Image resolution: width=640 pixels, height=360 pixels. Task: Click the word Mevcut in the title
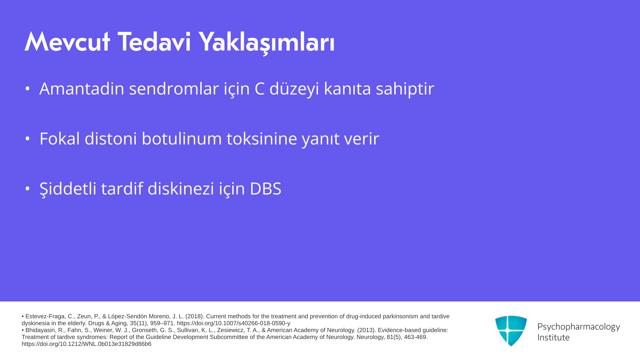tap(67, 42)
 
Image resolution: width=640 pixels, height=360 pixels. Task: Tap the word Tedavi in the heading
tap(154, 42)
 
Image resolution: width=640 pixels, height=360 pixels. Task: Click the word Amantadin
tap(82, 88)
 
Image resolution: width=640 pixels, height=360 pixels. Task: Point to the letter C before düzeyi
tap(260, 89)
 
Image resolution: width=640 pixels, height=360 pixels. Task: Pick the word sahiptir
tap(405, 89)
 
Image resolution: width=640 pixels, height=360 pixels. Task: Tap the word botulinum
tap(182, 138)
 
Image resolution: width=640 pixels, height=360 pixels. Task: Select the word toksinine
tap(262, 138)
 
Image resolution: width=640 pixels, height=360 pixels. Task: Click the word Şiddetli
tap(68, 189)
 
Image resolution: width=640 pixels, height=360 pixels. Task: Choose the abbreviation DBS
tap(265, 189)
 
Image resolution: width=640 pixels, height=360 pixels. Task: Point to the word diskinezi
tap(181, 188)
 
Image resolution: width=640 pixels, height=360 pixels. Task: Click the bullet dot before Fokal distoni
tap(28, 139)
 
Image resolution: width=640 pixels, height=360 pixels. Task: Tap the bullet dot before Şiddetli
tap(28, 189)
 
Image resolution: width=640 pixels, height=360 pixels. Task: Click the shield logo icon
tap(511, 331)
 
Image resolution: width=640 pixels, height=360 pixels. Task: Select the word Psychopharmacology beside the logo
tap(579, 327)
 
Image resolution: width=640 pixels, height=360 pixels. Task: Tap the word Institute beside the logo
tap(553, 337)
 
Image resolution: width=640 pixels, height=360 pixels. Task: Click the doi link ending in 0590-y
tap(233, 323)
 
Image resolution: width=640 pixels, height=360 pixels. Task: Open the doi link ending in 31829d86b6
tap(86, 344)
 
